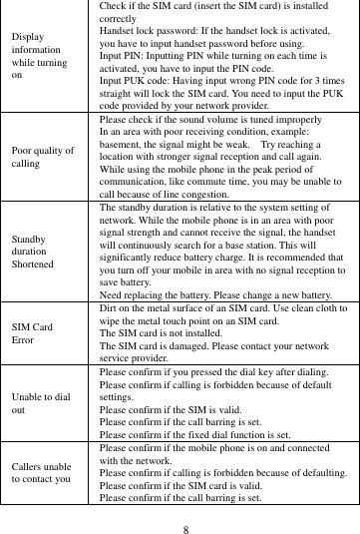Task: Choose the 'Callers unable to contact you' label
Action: tap(41, 471)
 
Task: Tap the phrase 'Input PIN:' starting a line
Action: tap(124, 56)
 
